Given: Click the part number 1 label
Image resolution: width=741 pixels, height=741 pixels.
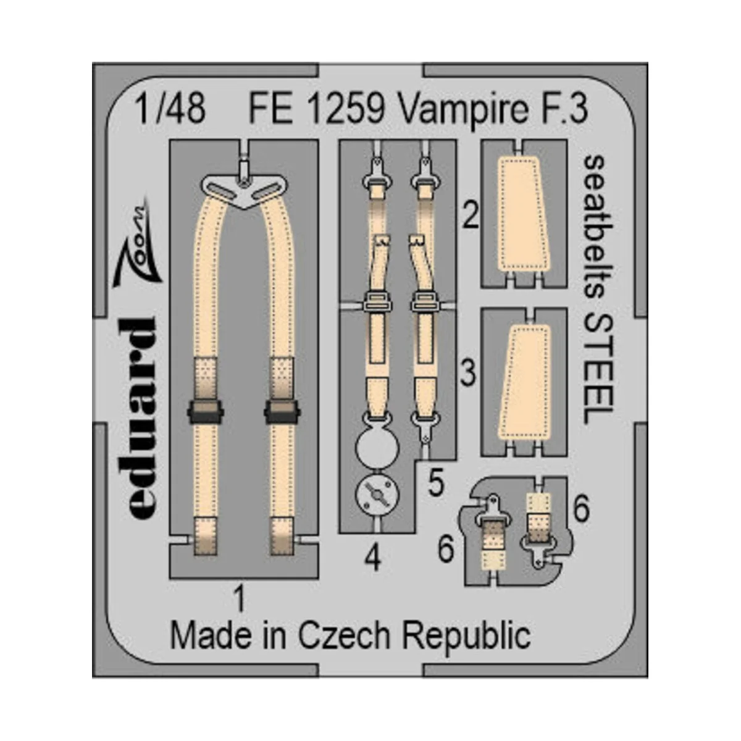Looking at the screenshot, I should [x=240, y=598].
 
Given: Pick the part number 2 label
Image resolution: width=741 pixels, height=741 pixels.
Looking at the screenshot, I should [x=471, y=217].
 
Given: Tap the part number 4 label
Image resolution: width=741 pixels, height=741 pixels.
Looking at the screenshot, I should [x=372, y=559].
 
